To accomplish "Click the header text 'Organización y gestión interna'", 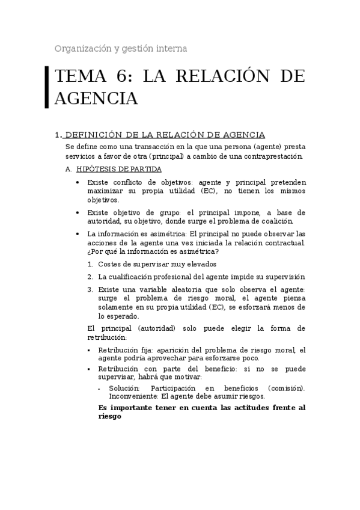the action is tap(121, 48).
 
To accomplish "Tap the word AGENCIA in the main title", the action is tap(96, 98).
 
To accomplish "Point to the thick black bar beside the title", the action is tap(47, 87).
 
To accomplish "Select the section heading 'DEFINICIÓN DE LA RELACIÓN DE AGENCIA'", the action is tap(165, 135).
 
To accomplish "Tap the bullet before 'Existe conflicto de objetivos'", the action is tap(78, 182).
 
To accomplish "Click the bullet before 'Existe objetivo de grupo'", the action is tap(78, 212).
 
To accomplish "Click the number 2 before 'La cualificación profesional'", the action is tap(90, 277).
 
